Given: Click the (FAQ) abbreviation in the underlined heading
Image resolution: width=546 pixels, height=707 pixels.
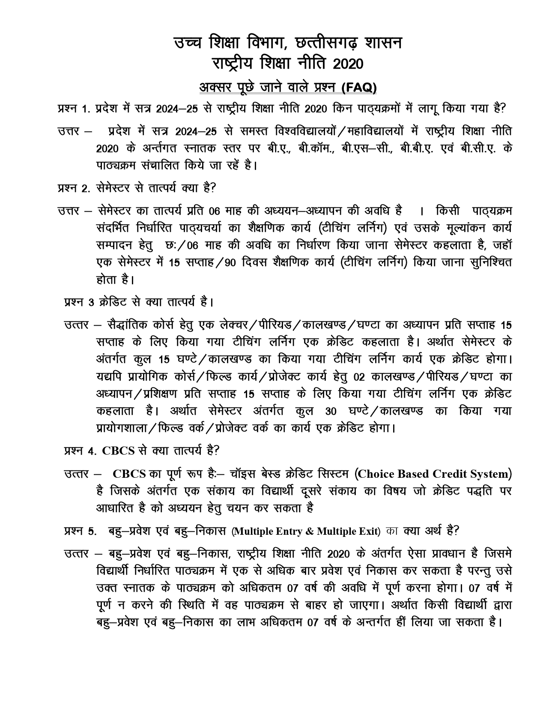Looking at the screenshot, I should point(359,88).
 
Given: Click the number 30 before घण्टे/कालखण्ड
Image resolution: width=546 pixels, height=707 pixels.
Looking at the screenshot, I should point(331,412).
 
